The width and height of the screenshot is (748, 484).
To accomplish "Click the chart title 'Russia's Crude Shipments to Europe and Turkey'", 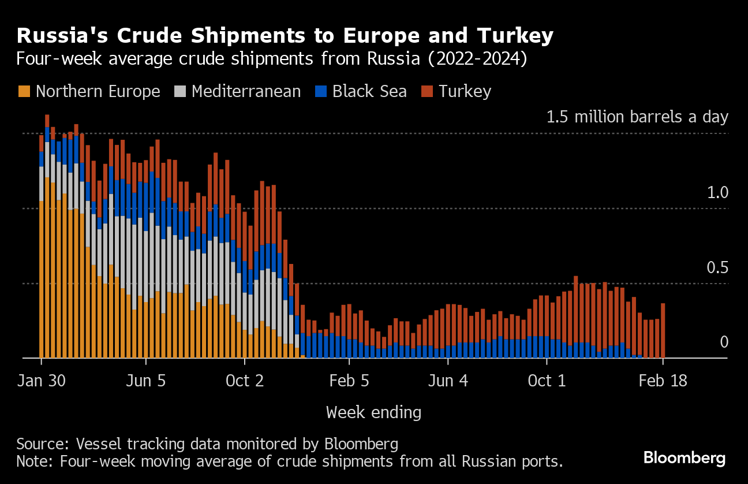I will point(285,36).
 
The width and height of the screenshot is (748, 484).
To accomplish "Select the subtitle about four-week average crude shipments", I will point(271,59).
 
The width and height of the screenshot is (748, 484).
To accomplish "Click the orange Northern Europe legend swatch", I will point(24,91).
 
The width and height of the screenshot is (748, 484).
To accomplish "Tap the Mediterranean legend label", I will point(246,91).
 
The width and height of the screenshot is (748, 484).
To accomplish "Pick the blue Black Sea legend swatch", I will point(321,91).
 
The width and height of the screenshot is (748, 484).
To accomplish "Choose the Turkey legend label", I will point(465,91).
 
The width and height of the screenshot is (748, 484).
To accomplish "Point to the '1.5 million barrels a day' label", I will point(637,117).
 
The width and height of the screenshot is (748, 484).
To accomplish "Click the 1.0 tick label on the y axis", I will point(718,193).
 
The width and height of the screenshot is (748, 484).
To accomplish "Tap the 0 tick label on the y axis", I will point(724,342).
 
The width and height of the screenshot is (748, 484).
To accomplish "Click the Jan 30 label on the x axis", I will point(42,382).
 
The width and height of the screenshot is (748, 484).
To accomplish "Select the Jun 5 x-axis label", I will point(146,382).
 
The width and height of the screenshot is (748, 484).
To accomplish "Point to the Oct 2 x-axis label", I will point(245,382).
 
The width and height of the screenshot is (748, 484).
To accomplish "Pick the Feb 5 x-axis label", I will point(349,382).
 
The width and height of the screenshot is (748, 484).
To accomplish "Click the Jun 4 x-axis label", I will point(448,382).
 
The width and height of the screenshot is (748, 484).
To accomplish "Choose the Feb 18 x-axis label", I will point(663,382).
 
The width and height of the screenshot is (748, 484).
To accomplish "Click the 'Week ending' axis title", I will point(373,412).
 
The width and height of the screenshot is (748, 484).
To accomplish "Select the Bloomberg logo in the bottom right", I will point(685,459).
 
